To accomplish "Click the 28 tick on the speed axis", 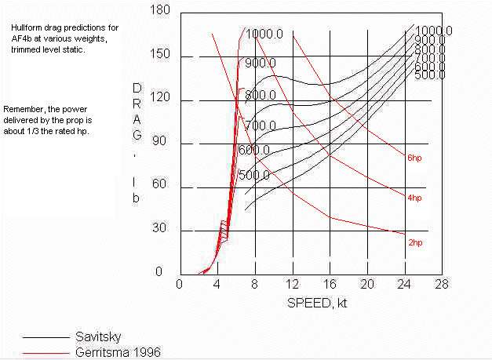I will point(442,283).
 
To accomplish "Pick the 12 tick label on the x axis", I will point(292,283).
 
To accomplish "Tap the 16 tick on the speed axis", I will point(330,283).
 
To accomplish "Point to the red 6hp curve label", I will point(414,158).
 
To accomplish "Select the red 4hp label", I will point(414,198).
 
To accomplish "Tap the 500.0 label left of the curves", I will point(254,176).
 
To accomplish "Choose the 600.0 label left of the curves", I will point(254,151).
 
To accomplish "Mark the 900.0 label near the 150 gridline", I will point(261,64).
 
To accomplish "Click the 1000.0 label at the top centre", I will point(264,35).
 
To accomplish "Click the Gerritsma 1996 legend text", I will point(117,351).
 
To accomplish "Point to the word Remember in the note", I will point(24,108).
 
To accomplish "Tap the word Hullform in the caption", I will point(26,27).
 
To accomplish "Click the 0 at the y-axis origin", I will point(159,271).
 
